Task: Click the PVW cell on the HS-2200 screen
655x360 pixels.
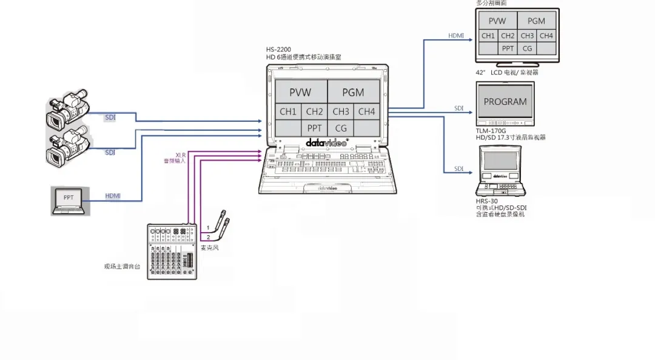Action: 300,92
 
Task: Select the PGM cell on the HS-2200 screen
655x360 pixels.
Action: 353,92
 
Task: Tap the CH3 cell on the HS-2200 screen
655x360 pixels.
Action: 341,112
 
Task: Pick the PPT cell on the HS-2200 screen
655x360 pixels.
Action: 314,128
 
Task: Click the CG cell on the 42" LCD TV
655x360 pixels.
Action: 527,48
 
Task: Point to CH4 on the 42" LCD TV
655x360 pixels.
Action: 546,36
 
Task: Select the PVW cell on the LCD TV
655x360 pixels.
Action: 497,21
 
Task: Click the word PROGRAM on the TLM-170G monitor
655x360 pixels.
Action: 505,102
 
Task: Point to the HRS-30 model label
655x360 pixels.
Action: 486,201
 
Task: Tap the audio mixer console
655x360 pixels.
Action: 173,251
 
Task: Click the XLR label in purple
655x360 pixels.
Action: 180,155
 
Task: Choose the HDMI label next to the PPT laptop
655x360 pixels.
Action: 113,196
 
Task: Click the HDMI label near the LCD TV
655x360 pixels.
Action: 456,36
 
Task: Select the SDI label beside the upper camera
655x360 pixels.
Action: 110,117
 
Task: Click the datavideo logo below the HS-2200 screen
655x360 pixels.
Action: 326,144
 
